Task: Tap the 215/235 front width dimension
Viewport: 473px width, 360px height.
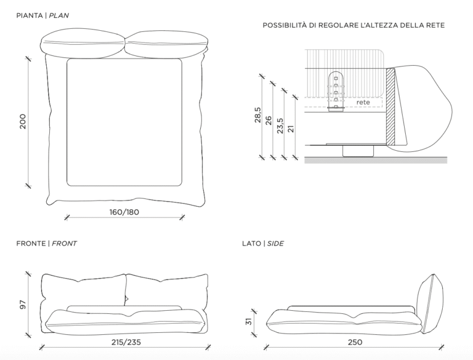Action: pyautogui.click(x=123, y=342)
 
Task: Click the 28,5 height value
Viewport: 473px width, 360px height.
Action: pyautogui.click(x=257, y=116)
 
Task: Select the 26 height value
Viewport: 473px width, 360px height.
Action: pyautogui.click(x=269, y=120)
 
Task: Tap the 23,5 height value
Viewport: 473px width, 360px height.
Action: pyautogui.click(x=280, y=126)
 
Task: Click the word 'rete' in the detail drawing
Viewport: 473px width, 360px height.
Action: pyautogui.click(x=363, y=102)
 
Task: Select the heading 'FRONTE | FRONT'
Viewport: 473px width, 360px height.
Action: pyautogui.click(x=46, y=244)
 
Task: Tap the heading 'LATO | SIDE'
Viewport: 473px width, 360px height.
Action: pyautogui.click(x=263, y=244)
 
